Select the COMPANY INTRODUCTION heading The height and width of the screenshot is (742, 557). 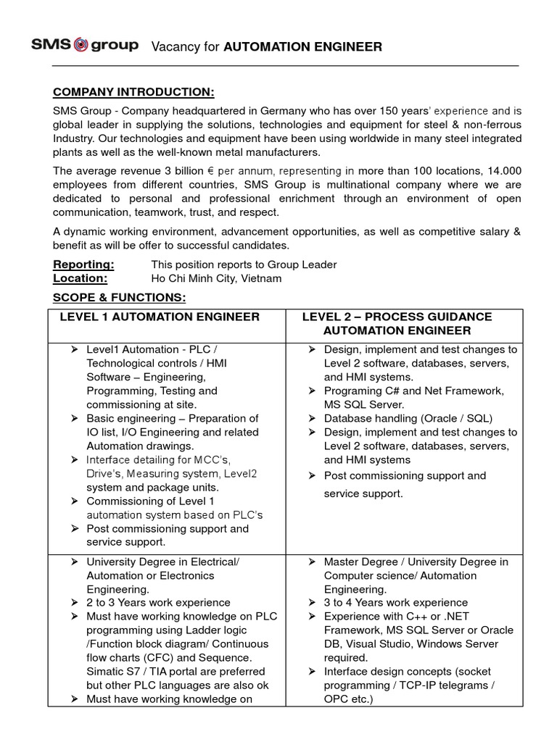tap(133, 93)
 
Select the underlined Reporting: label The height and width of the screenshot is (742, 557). tap(83, 264)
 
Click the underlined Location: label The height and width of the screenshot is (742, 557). tap(81, 278)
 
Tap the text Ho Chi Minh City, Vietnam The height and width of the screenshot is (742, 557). tap(216, 278)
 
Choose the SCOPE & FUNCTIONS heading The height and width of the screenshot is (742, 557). tap(120, 298)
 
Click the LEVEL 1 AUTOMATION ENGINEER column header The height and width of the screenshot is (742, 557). tap(160, 317)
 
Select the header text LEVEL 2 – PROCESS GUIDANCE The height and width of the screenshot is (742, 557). tap(397, 317)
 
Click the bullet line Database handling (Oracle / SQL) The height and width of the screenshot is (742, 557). tap(408, 418)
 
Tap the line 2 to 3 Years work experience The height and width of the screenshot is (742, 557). tap(158, 602)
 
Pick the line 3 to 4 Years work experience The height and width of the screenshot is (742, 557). tap(395, 602)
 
